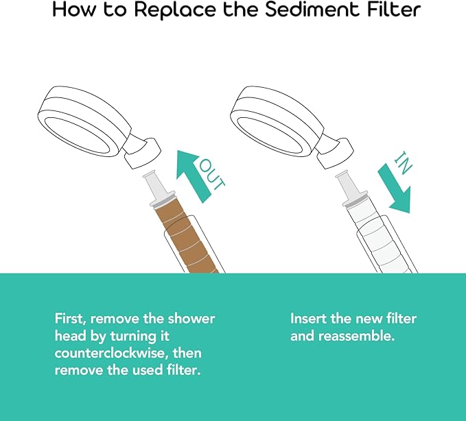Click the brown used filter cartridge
click(x=185, y=237)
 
